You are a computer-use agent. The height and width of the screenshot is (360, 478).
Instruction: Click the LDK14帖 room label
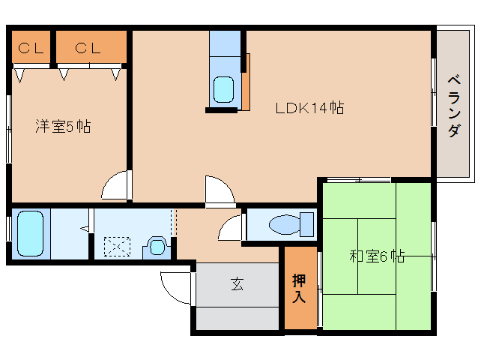pos(309,108)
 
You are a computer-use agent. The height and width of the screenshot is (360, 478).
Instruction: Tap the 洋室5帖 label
pos(63,126)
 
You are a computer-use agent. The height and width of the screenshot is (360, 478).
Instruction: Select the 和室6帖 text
pos(377,256)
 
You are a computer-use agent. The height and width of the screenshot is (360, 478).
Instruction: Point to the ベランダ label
pos(454,106)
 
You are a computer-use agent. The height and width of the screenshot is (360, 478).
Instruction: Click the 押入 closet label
pos(299,288)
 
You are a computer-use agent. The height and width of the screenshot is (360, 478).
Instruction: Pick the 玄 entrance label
pos(238,283)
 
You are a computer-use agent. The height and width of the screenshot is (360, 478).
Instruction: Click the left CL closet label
pos(31,48)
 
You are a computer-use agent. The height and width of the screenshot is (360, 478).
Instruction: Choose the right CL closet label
pos(88,48)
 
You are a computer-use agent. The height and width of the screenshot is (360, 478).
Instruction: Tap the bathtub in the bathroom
pos(30,234)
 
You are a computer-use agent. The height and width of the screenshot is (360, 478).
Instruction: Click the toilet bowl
pos(291,224)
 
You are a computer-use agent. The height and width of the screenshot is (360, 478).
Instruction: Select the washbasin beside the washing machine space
pos(157,247)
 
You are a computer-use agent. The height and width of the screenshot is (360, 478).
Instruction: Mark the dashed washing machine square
pos(117,247)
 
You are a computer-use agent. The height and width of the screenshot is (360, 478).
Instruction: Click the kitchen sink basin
pos(223,89)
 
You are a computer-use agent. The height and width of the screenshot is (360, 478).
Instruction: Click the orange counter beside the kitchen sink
pos(246,82)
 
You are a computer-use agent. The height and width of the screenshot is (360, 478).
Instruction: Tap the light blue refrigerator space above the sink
pos(225,43)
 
